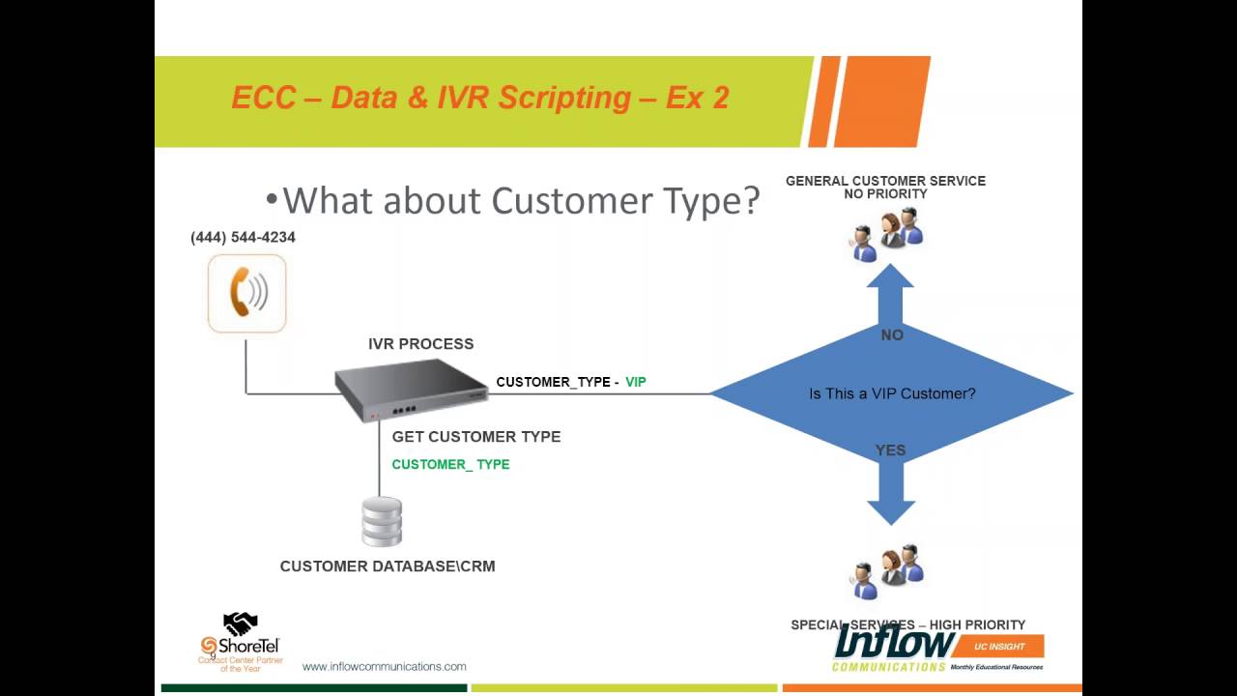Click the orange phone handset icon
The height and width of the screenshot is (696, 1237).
(246, 293)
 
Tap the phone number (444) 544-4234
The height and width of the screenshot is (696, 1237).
(243, 237)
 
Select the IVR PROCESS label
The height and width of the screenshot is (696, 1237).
(420, 343)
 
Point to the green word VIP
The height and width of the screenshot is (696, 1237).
(635, 382)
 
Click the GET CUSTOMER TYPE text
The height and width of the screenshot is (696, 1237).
(475, 437)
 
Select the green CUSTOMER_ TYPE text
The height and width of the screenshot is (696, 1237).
(450, 464)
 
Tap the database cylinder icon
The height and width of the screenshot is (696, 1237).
(382, 522)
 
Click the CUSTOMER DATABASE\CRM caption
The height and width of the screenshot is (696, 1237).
(387, 566)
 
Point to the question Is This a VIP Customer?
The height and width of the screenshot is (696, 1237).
(891, 393)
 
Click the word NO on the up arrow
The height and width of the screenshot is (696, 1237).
(892, 334)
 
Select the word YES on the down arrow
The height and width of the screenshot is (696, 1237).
(890, 450)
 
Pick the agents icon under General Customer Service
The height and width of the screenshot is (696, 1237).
(886, 232)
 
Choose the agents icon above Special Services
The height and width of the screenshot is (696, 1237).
(887, 572)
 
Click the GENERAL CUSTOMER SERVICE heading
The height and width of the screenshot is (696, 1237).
(885, 181)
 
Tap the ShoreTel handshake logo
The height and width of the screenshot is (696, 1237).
(240, 624)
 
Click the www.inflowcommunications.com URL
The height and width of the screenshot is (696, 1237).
(384, 666)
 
